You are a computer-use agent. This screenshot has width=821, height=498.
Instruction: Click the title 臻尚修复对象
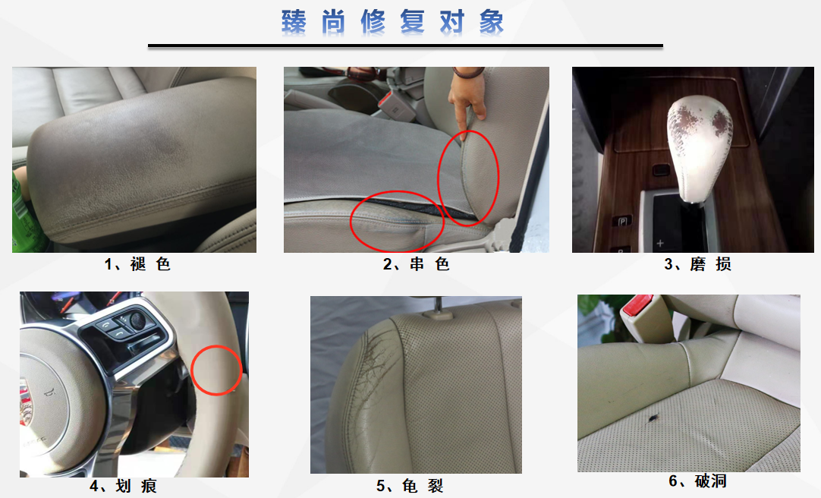(x=392, y=22)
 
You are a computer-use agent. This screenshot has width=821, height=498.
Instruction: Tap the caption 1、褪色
(x=137, y=264)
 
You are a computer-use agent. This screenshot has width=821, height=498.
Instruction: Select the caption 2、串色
(x=417, y=264)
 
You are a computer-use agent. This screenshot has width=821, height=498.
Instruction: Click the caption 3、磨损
(x=697, y=264)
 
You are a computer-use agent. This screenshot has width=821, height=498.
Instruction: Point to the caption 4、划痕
(x=123, y=486)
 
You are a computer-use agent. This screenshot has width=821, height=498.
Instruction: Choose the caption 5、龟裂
(x=410, y=486)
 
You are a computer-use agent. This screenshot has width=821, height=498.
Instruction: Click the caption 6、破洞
(x=697, y=481)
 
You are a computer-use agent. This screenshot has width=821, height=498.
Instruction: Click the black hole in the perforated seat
(x=653, y=418)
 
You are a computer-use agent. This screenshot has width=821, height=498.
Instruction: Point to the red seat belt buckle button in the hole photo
(x=637, y=304)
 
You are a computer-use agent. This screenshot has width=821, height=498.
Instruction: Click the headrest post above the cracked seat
(x=438, y=306)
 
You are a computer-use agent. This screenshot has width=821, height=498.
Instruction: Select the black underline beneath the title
(x=405, y=46)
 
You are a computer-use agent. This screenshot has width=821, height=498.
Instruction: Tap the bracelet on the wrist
(x=468, y=72)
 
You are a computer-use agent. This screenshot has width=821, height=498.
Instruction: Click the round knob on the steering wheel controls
(x=137, y=320)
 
